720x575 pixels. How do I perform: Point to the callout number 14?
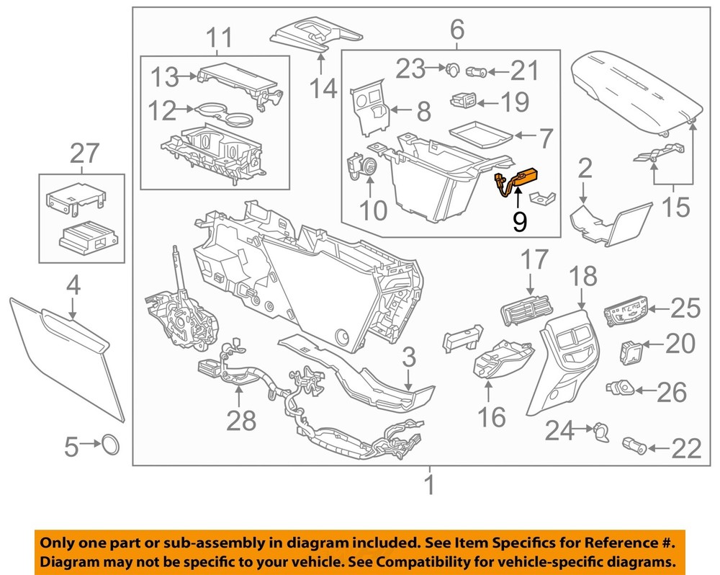click(323, 89)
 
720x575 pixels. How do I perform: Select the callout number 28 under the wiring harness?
click(240, 419)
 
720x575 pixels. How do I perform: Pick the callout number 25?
click(685, 309)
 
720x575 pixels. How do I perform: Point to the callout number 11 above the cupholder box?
click(216, 36)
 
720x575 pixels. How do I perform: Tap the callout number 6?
click(456, 30)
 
